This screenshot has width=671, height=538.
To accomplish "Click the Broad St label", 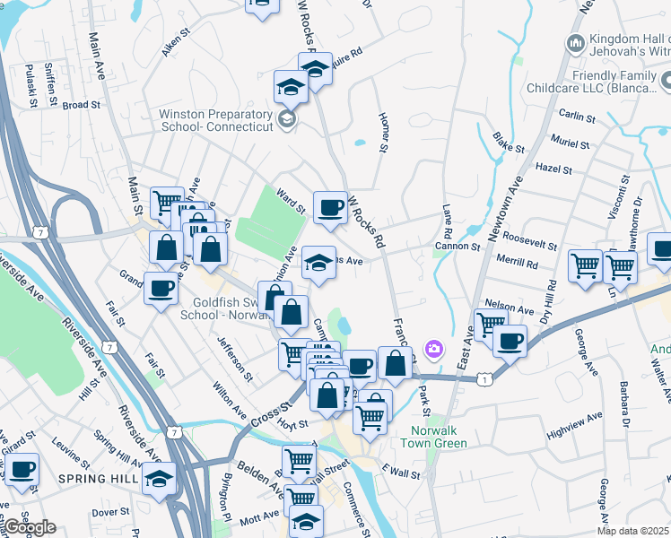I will tap(81, 105).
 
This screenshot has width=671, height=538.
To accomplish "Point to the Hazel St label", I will tap(553, 169).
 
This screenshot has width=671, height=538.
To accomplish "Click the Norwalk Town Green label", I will tap(432, 437).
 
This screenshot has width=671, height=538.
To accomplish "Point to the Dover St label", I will tap(111, 512).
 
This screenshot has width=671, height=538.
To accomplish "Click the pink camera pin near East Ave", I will tap(434, 348).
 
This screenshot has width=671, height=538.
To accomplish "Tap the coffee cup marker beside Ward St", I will tap(330, 207).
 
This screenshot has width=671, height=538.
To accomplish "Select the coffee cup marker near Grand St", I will tap(161, 290).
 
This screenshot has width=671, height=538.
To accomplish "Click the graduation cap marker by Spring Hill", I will tap(160, 478).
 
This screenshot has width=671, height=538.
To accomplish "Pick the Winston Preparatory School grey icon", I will tap(286, 119).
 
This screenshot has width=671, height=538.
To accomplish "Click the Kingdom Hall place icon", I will tap(575, 43).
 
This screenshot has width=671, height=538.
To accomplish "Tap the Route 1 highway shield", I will tap(485, 381).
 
